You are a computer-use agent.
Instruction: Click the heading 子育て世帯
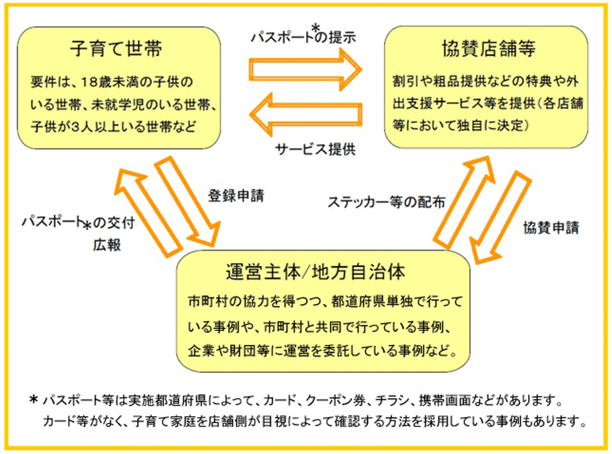[116, 49]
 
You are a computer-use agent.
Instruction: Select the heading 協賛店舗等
[488, 49]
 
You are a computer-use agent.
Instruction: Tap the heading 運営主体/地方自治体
[315, 272]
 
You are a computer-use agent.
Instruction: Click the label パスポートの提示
[303, 36]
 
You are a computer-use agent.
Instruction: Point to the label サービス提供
[315, 149]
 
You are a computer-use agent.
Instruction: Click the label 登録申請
[236, 196]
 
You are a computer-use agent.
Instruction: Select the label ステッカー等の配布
[387, 202]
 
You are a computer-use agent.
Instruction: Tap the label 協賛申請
[551, 227]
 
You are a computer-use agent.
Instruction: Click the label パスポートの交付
[79, 222]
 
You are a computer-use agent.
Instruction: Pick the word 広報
[107, 245]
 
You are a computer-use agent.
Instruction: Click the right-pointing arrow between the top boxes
[305, 69]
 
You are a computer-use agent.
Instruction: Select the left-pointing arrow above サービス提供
[305, 114]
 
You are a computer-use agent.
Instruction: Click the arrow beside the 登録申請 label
[188, 201]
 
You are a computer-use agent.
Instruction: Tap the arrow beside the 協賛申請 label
[501, 217]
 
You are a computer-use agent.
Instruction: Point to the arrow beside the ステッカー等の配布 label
[464, 202]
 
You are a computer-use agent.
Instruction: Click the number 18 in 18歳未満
[89, 82]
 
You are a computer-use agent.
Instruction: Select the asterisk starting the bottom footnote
[34, 400]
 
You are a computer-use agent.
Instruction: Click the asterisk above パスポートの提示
[316, 28]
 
